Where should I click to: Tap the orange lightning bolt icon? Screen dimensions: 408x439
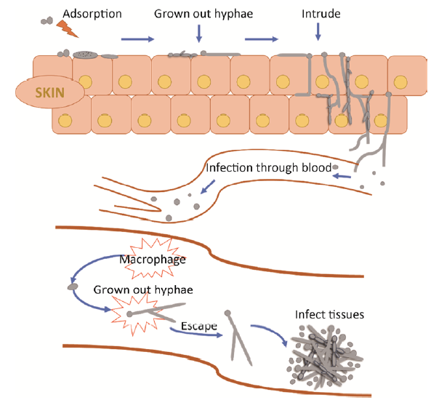(65, 28)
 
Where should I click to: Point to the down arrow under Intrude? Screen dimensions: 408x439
(318, 31)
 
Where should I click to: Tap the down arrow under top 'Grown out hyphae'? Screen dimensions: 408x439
(198, 32)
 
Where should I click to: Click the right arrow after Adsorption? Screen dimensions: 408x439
(137, 39)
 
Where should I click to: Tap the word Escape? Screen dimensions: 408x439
(200, 327)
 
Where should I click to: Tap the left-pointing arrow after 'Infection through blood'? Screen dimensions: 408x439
(342, 175)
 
